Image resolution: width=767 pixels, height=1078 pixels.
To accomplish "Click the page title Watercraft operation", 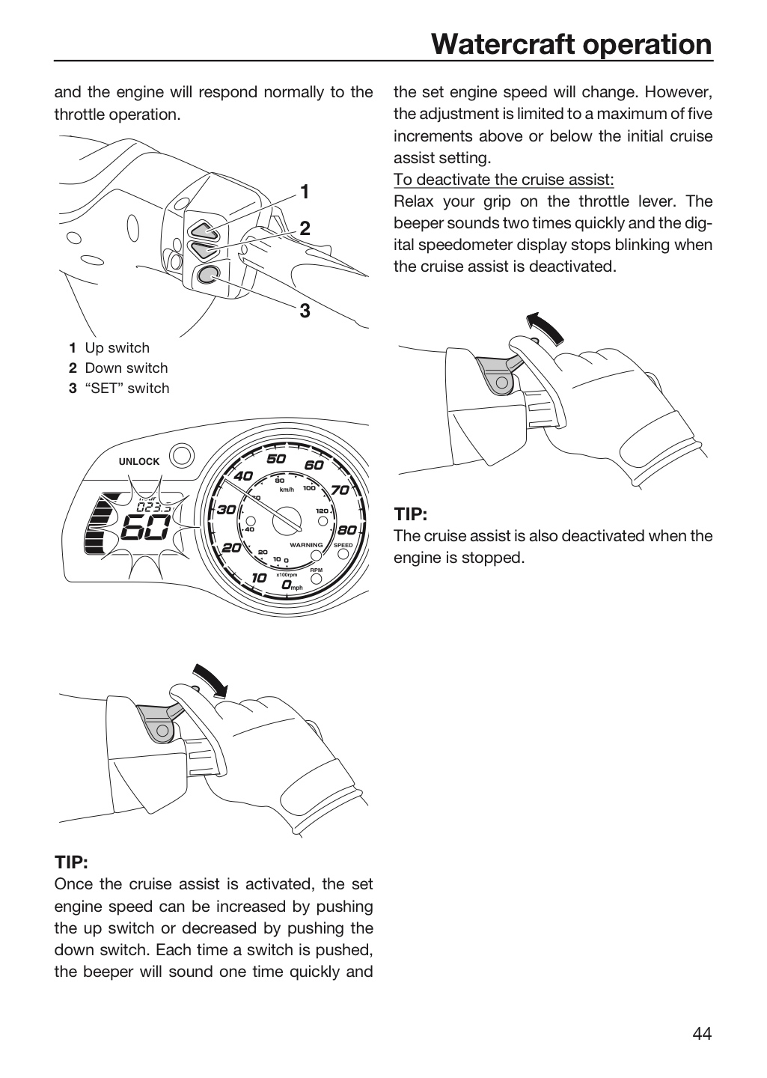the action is pyautogui.click(x=572, y=44).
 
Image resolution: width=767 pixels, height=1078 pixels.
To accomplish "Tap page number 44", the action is pyautogui.click(x=702, y=1033).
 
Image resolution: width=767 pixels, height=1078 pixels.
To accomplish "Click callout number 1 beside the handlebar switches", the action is pyautogui.click(x=304, y=192).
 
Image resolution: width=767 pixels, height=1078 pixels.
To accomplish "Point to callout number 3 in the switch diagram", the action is pyautogui.click(x=305, y=311).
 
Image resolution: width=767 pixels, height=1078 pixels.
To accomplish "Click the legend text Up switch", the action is pyautogui.click(x=117, y=347).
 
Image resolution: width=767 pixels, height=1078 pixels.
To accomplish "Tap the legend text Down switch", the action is pyautogui.click(x=126, y=368).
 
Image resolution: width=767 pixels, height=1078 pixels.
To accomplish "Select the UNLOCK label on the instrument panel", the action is pyautogui.click(x=139, y=461).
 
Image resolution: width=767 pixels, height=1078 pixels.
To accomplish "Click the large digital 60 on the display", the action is pyautogui.click(x=145, y=527).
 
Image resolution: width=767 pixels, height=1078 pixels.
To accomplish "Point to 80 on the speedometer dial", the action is pyautogui.click(x=347, y=530).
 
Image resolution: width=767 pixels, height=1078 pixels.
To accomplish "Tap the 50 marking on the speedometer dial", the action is pyautogui.click(x=276, y=459).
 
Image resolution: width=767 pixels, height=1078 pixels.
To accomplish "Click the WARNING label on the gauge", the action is pyautogui.click(x=306, y=545).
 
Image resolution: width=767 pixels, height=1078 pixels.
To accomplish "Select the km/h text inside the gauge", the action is pyautogui.click(x=287, y=490).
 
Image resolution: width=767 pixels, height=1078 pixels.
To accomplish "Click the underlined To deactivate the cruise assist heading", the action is pyautogui.click(x=504, y=180).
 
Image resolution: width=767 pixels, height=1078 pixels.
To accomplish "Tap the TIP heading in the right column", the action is pyautogui.click(x=411, y=514).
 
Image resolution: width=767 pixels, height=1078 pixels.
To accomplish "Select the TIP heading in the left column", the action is pyautogui.click(x=71, y=862).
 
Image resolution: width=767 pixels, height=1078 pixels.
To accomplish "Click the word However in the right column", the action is pyautogui.click(x=679, y=91).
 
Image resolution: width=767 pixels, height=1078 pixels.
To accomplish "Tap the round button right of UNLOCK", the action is pyautogui.click(x=182, y=456).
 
